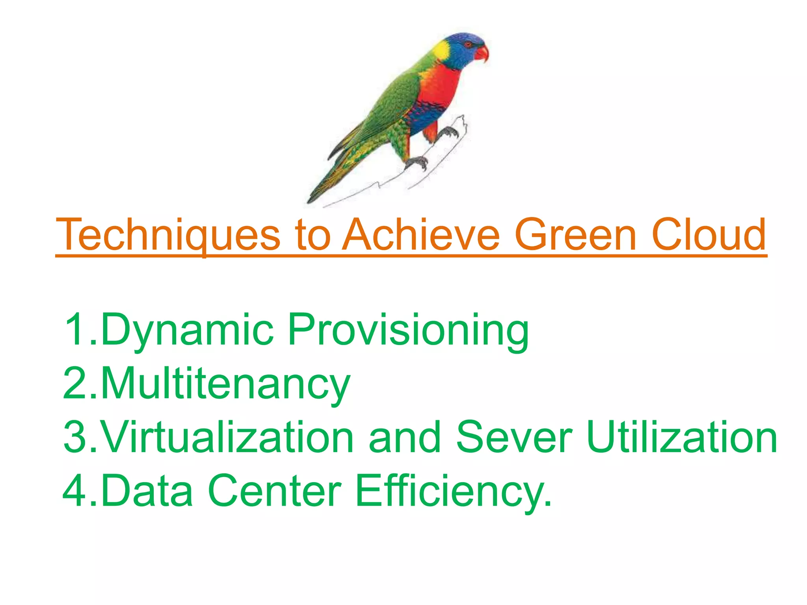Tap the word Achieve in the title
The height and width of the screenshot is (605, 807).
point(421,235)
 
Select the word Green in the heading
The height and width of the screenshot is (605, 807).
point(576,235)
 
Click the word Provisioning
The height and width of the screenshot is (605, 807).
point(408,330)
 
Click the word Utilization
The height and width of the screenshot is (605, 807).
point(682,437)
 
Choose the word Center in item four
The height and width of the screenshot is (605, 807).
point(274,491)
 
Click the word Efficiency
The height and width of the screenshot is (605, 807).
point(453,491)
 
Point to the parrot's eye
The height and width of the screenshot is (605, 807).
point(469,44)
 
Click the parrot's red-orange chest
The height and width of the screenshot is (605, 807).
point(441,87)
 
